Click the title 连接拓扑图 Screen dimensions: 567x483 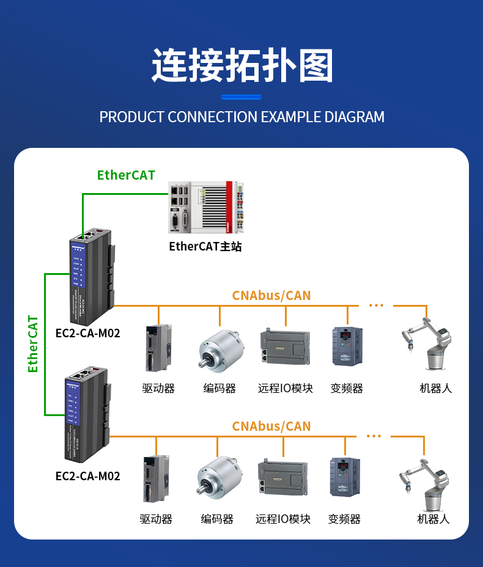pyautogui.click(x=242, y=65)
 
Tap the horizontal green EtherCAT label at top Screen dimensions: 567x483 pyautogui.click(x=126, y=175)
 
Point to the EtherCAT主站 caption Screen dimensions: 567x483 pyautogui.click(x=205, y=247)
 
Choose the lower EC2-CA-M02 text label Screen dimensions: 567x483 pyautogui.click(x=87, y=476)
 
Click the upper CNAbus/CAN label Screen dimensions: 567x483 pyautogui.click(x=271, y=296)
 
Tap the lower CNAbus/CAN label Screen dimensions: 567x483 pyautogui.click(x=271, y=426)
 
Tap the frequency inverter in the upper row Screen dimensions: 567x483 pyautogui.click(x=347, y=346)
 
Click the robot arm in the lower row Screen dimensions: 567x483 pyautogui.click(x=426, y=486)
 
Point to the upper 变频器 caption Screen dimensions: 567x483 pyautogui.click(x=347, y=389)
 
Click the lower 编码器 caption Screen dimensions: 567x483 pyautogui.click(x=217, y=519)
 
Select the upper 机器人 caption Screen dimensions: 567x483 pyautogui.click(x=435, y=389)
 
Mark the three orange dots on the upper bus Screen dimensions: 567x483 pyautogui.click(x=375, y=305)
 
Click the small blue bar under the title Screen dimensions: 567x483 pyautogui.click(x=241, y=97)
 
